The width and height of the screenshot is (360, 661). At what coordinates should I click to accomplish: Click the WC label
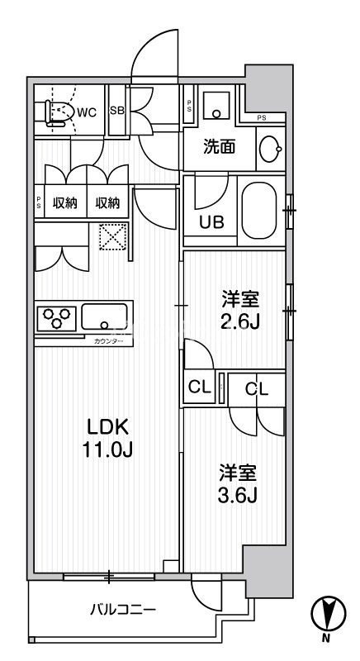tap(88, 113)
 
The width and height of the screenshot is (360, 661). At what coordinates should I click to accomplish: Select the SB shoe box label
tap(116, 112)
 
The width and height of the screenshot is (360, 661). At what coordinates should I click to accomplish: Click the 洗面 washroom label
tap(220, 148)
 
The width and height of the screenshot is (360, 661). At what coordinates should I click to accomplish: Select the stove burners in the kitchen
tap(57, 317)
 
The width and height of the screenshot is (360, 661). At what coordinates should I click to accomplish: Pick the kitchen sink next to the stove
tap(104, 316)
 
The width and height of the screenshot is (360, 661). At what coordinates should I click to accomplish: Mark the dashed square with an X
tap(110, 238)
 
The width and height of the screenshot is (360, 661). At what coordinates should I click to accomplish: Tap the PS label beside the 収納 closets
tap(39, 203)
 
